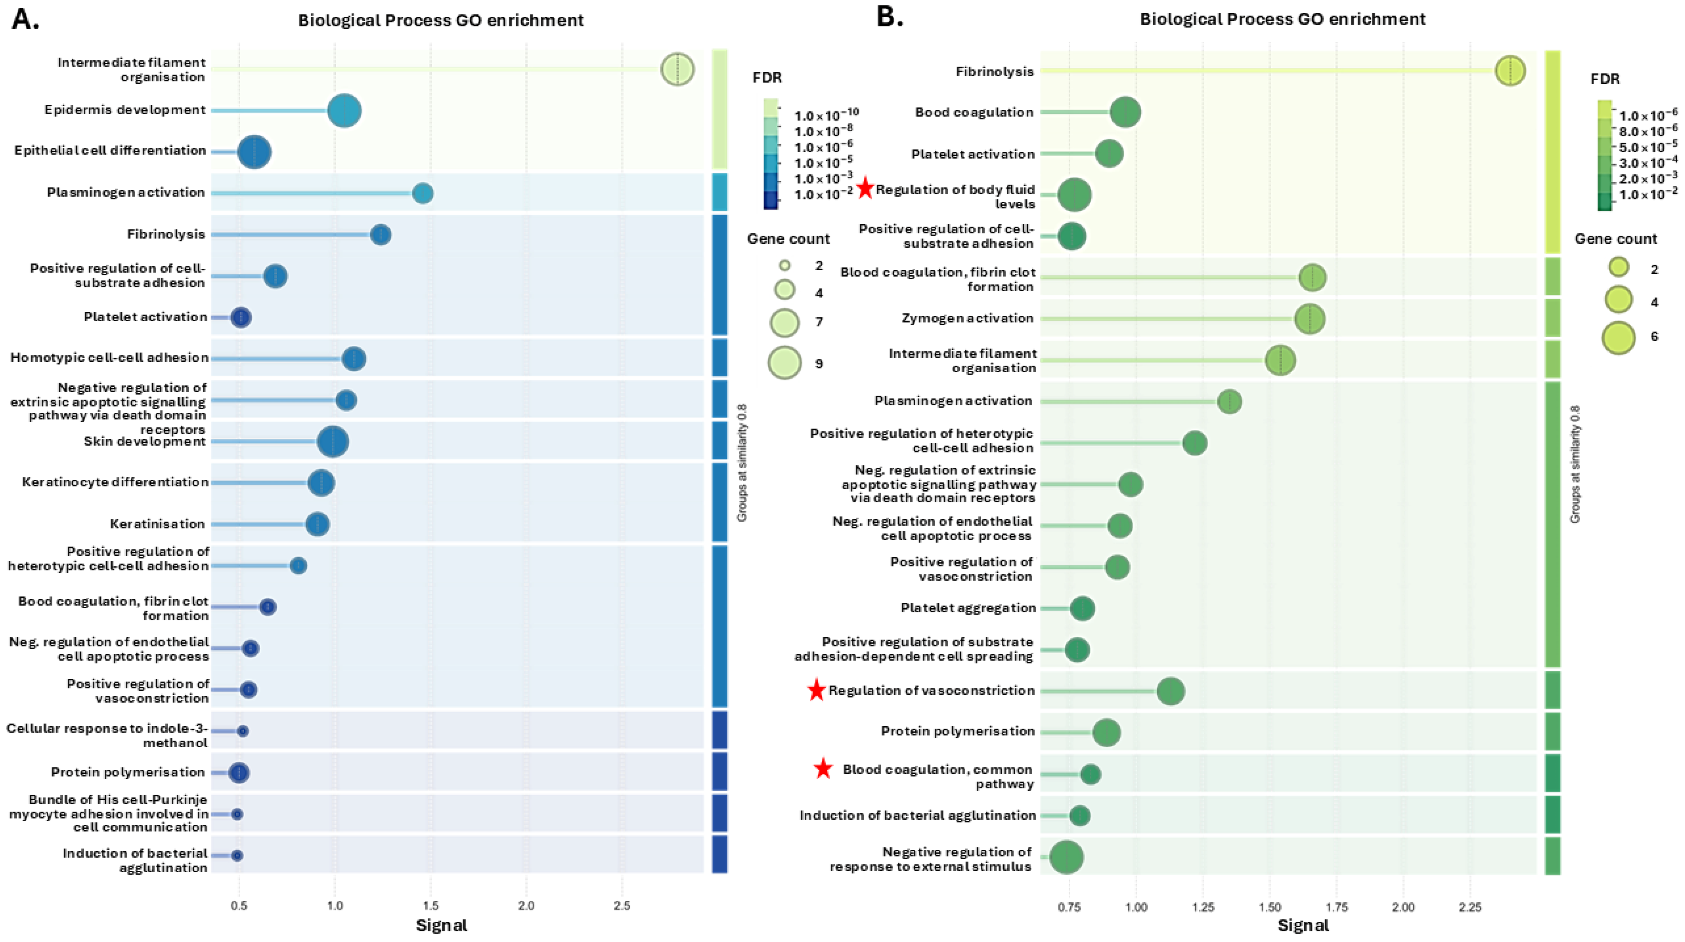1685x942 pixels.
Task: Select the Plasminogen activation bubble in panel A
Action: point(422,194)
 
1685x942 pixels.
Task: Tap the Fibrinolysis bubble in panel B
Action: point(1510,70)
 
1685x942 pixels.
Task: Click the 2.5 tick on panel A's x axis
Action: point(622,906)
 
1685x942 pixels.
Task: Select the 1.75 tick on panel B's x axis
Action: point(1336,907)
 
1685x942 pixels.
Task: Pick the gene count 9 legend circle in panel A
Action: point(784,363)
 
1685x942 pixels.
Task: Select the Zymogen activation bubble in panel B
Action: point(1310,319)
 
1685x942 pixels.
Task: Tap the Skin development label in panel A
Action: point(144,442)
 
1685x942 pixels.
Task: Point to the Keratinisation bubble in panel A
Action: point(317,524)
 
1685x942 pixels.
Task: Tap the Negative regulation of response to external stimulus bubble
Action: point(1066,857)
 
